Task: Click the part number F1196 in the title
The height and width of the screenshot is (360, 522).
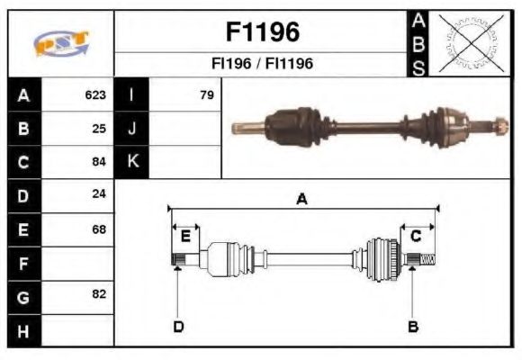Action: pyautogui.click(x=261, y=32)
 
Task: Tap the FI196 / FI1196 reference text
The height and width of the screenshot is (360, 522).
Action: pyautogui.click(x=261, y=64)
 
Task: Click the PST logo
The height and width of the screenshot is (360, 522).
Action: pyautogui.click(x=61, y=43)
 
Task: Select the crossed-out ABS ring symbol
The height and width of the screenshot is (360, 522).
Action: pyautogui.click(x=467, y=43)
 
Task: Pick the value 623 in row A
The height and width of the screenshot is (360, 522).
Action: pyautogui.click(x=95, y=94)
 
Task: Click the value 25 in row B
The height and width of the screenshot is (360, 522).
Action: pyautogui.click(x=99, y=128)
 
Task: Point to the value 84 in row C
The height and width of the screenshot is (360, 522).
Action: pyautogui.click(x=99, y=162)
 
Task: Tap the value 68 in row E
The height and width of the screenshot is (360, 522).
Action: pyautogui.click(x=99, y=229)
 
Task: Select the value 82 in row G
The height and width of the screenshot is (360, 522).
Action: pyautogui.click(x=99, y=294)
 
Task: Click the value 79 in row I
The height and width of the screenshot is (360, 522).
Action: pyautogui.click(x=206, y=94)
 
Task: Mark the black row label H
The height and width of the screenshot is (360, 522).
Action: pyautogui.click(x=23, y=330)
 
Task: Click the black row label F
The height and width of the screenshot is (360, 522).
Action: pyautogui.click(x=23, y=263)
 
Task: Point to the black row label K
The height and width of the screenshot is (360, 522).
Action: pyautogui.click(x=132, y=162)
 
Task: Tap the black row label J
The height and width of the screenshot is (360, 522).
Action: pyautogui.click(x=132, y=128)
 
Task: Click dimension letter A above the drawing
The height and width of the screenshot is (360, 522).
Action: pyautogui.click(x=301, y=200)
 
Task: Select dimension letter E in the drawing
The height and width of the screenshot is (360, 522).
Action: pyautogui.click(x=185, y=236)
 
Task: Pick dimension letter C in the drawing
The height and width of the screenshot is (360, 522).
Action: pyautogui.click(x=416, y=236)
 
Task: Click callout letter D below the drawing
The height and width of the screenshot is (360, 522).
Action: pyautogui.click(x=178, y=326)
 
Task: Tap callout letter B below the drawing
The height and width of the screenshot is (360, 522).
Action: pyautogui.click(x=413, y=326)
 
